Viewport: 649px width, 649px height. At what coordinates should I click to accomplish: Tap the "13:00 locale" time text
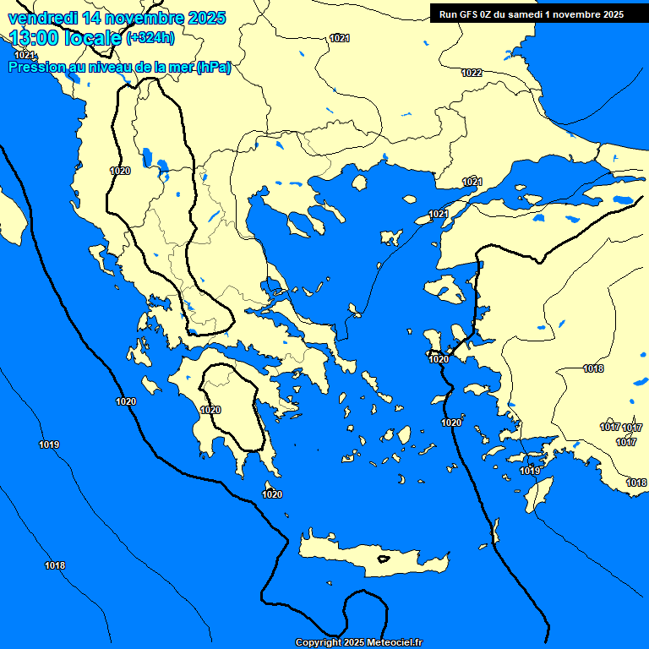65,36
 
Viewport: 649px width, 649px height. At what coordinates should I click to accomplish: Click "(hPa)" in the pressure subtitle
213,68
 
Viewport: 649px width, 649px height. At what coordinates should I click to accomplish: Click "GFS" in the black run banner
468,14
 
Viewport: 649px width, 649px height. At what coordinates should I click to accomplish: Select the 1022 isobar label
472,73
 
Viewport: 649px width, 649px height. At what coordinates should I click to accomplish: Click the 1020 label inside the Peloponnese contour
210,410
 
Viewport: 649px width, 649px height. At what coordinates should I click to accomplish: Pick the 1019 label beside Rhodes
530,471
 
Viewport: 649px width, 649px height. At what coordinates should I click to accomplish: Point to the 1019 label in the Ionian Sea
49,444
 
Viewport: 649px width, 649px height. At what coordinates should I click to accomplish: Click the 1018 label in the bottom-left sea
55,565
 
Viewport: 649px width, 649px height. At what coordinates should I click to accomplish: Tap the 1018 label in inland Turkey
593,368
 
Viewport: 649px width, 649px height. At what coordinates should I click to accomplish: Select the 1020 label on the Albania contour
120,171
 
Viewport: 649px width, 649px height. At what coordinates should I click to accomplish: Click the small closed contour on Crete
384,559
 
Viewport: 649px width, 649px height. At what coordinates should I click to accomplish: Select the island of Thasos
359,183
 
